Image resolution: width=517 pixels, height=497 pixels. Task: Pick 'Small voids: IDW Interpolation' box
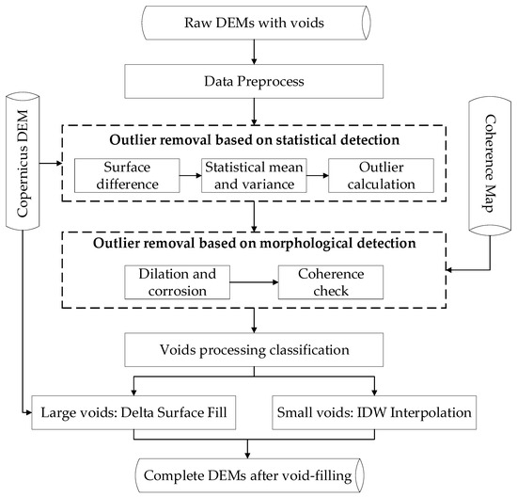(374, 410)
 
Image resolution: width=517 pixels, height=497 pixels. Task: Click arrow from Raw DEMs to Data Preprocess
(257, 57)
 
